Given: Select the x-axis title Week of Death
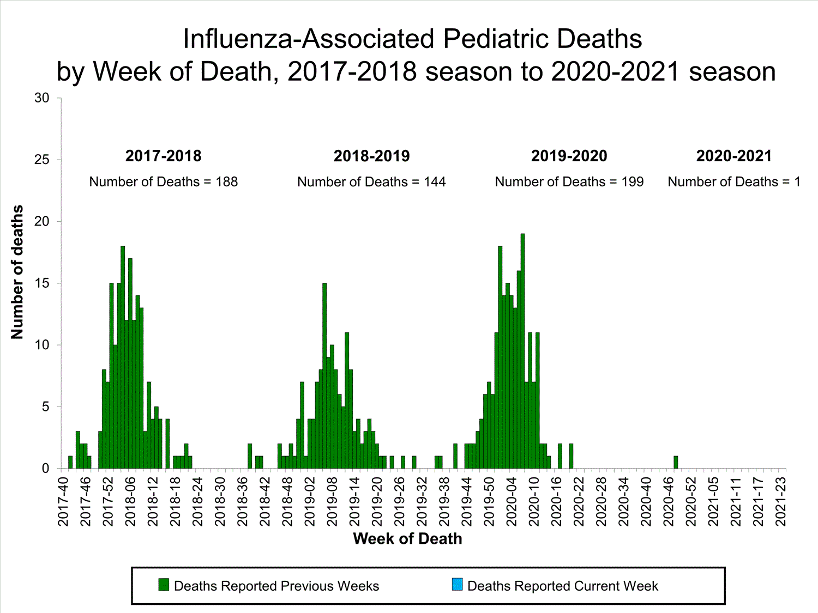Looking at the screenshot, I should click(407, 539).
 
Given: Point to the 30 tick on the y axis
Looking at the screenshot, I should click(42, 98).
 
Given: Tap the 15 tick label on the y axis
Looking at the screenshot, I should click(42, 283).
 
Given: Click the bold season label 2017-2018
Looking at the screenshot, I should click(163, 156).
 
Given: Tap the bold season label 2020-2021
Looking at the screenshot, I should click(734, 156).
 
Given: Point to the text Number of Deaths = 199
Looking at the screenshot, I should click(569, 182).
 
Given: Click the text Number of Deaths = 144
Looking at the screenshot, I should click(371, 182).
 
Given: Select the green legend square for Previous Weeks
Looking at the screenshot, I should click(164, 585).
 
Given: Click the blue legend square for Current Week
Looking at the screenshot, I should click(457, 585).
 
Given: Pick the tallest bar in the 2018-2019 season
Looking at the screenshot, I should click(324, 376).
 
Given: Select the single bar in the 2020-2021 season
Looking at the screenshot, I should click(676, 462).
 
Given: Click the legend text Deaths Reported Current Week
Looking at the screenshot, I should click(563, 586).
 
